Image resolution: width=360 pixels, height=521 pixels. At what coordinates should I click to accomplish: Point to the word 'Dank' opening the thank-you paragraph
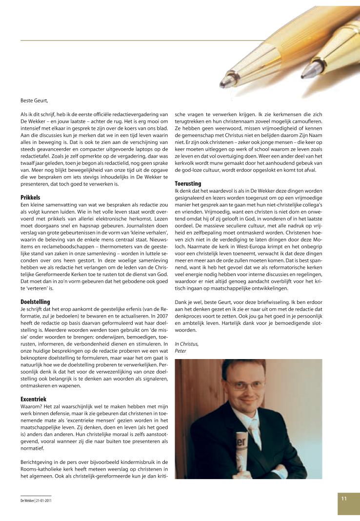[180, 301]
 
